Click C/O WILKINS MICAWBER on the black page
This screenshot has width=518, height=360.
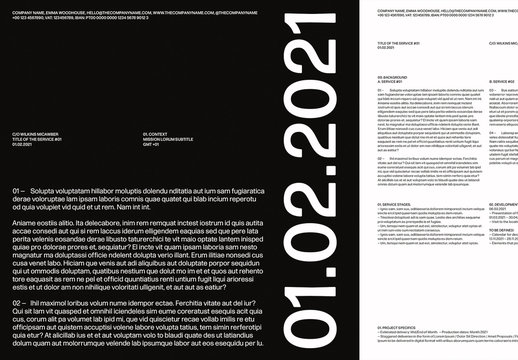(x=35, y=132)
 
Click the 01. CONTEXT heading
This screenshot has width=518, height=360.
(x=158, y=132)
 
